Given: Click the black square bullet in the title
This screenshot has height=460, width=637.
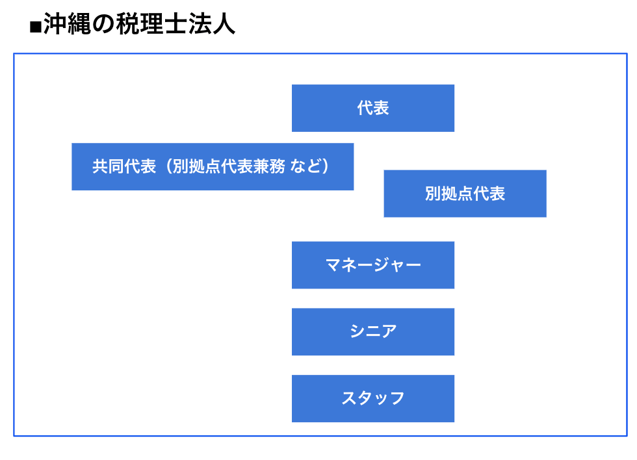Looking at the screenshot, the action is tap(36, 27).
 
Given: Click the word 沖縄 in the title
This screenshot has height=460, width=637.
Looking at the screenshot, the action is tap(67, 24).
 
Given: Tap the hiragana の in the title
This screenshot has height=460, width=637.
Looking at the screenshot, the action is tap(103, 24).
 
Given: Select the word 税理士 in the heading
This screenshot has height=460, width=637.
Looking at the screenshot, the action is tap(151, 24).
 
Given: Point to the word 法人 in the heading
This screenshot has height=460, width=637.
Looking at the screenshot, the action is tap(211, 24).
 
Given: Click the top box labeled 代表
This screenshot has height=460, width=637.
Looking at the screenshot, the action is tap(373, 108).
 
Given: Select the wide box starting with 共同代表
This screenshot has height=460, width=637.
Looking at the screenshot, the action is tap(213, 166).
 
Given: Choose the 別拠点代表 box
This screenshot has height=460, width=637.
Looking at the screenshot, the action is tap(465, 194).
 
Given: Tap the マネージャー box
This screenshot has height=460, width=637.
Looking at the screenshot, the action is tap(373, 265).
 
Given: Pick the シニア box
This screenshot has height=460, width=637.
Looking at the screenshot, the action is tap(373, 332).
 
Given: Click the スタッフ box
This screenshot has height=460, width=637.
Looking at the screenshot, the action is tap(373, 399).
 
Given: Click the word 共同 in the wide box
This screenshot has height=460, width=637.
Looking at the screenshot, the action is tap(108, 166).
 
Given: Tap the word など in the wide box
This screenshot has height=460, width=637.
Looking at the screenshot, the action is tap(305, 166).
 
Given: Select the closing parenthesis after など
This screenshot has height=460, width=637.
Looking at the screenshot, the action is tap(326, 166).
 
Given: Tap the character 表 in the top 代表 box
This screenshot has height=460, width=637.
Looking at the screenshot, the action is tap(381, 108).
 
